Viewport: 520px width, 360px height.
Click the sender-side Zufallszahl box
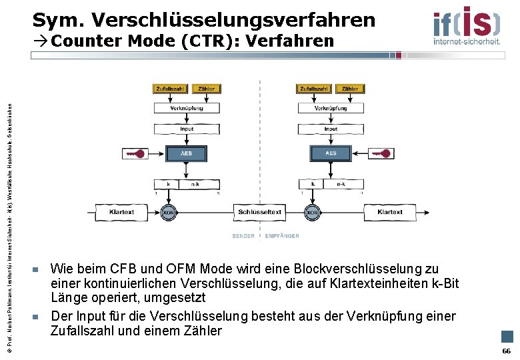pos(171,89)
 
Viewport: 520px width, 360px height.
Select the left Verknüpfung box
pos(187,108)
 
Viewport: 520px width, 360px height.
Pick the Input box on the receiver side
pos(331,129)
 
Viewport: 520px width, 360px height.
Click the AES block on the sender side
pos(187,153)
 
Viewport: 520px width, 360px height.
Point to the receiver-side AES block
pos(331,153)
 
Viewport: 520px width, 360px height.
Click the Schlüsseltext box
pos(260,213)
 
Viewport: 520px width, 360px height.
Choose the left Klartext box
pos(121,213)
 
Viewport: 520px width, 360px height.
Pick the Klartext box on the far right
pos(390,213)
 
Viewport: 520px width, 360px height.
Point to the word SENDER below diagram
pos(243,236)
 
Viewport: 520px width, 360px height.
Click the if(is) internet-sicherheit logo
pos(466,25)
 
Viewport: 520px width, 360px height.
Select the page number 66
pos(506,351)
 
